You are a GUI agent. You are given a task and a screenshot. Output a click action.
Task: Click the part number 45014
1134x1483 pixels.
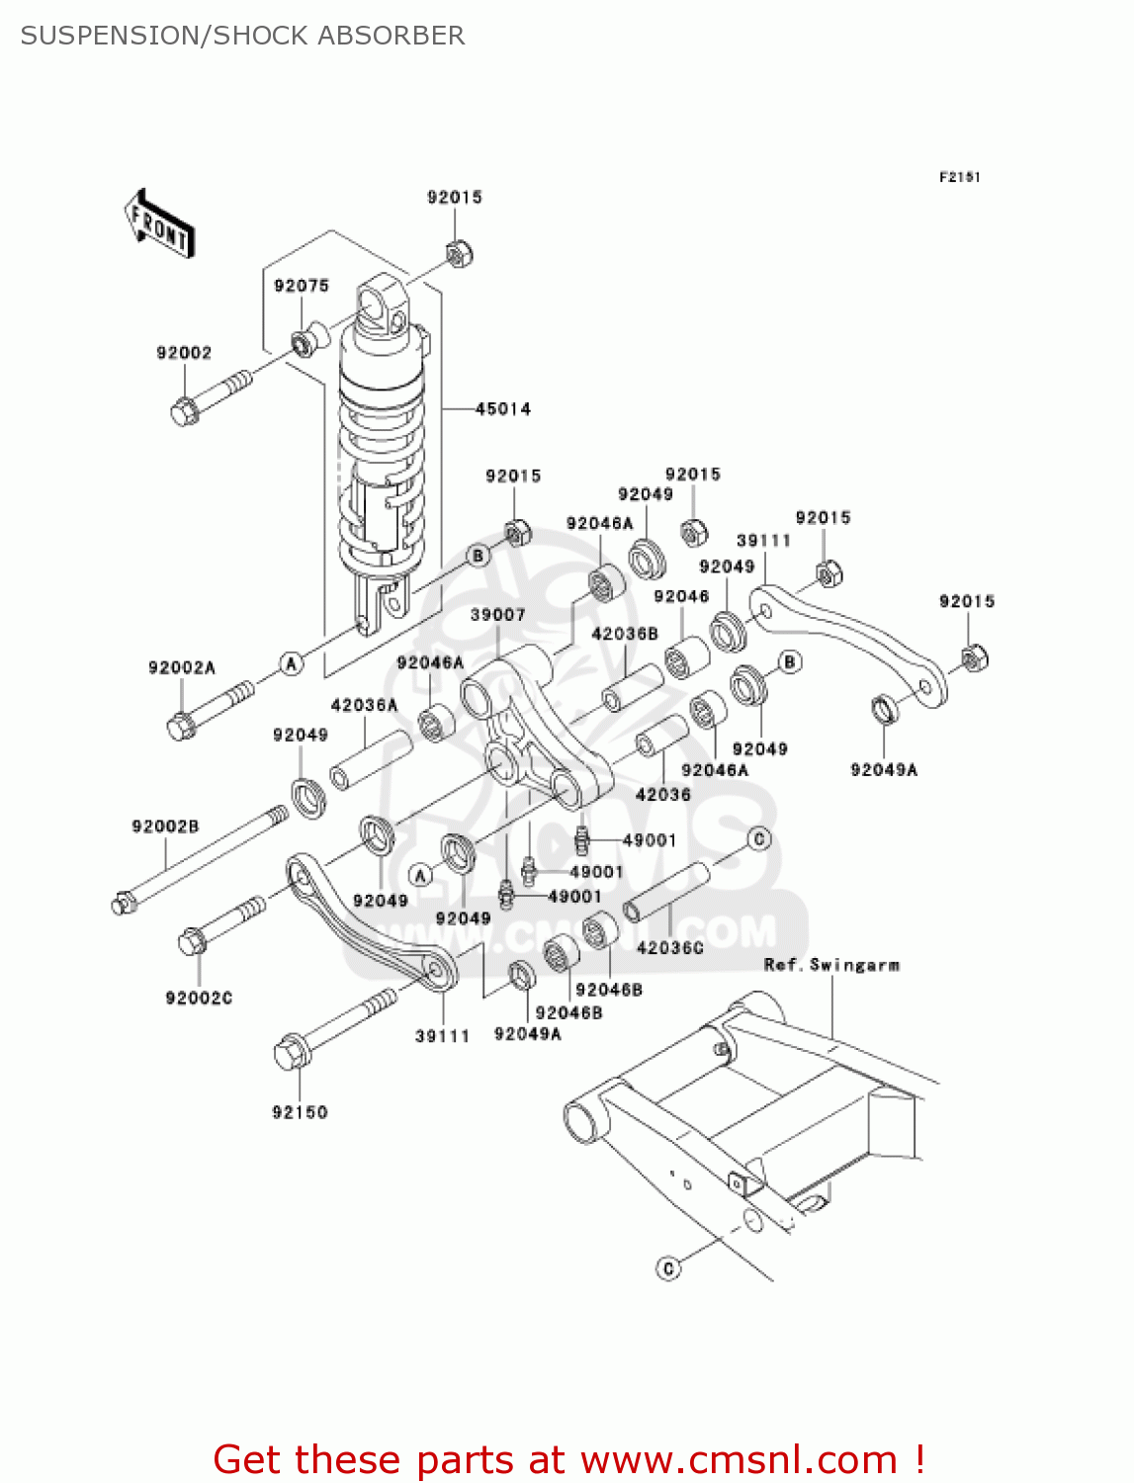coord(502,408)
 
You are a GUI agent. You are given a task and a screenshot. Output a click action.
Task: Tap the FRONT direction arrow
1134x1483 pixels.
coord(158,224)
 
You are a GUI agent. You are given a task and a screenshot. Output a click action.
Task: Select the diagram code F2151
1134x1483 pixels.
coord(959,177)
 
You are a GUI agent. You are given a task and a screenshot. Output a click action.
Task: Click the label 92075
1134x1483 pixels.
coord(302,286)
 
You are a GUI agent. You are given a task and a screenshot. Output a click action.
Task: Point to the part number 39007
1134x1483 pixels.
coord(497,615)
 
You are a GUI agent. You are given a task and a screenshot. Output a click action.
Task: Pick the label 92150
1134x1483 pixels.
coord(300,1112)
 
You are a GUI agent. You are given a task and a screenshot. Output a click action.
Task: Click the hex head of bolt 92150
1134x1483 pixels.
coord(291,1053)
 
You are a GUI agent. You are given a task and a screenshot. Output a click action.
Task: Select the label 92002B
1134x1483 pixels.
coord(165,827)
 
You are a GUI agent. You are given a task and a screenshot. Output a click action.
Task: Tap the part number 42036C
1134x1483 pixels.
coord(669,948)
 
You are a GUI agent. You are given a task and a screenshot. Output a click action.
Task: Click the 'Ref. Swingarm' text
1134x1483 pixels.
coord(831,965)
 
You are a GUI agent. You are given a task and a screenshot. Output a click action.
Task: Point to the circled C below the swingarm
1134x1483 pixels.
coord(669,1267)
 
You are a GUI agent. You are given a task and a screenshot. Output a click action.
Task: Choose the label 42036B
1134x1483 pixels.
coord(624,634)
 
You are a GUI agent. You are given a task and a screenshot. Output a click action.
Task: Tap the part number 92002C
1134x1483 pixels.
coord(199,999)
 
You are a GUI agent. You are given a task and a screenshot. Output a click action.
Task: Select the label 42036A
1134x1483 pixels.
coord(364,705)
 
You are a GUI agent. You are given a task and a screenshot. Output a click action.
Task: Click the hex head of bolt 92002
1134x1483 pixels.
coord(184,411)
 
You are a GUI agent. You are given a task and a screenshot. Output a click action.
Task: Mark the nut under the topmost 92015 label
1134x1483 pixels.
coord(457,254)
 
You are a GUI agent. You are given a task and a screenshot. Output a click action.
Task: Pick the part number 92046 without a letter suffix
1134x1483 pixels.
coord(681,596)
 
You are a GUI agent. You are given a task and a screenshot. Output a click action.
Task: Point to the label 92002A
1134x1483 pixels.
coord(181,668)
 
